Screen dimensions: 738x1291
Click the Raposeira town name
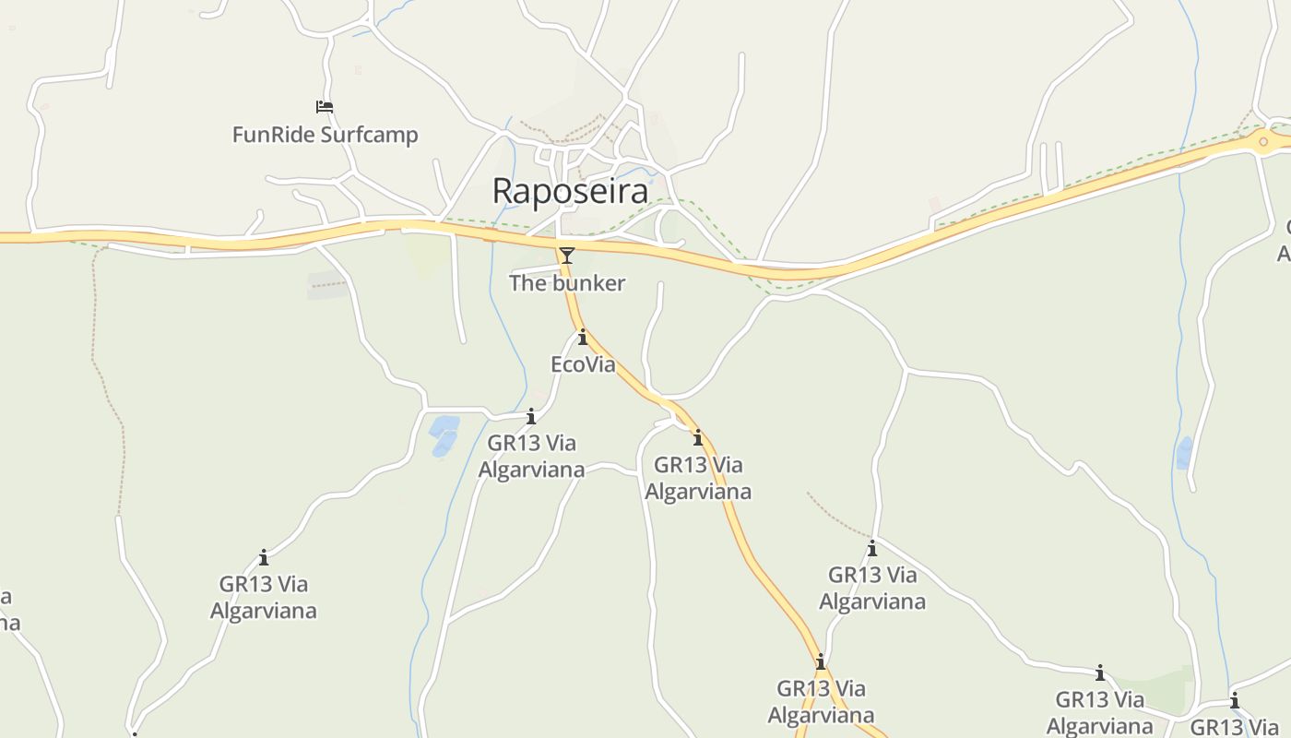click(570, 191)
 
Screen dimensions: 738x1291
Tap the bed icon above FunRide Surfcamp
click(324, 107)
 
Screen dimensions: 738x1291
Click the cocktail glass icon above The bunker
click(566, 255)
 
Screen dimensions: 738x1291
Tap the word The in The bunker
click(527, 283)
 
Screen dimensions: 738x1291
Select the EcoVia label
click(583, 364)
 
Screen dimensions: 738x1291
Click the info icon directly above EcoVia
click(582, 338)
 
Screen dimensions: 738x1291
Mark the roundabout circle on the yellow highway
click(1263, 141)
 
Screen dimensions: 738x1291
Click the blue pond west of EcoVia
click(444, 434)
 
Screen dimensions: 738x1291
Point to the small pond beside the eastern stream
click(1184, 452)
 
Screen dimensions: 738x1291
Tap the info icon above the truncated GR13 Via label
click(1234, 700)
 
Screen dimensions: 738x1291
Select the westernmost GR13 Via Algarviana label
click(264, 597)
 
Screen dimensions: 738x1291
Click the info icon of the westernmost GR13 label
click(264, 557)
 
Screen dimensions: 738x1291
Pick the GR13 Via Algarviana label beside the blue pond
click(531, 457)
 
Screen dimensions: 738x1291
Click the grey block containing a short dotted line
click(327, 286)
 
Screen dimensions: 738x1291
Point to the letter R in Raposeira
click(503, 191)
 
